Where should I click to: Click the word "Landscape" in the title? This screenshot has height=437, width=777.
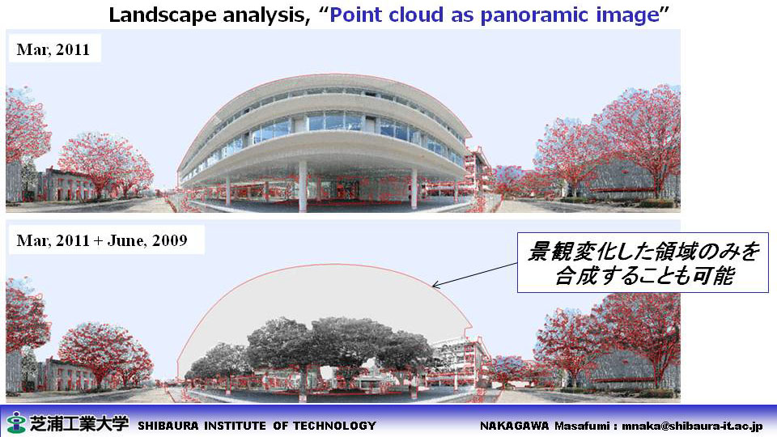point(163,15)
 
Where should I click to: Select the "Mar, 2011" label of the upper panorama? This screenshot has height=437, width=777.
point(53,49)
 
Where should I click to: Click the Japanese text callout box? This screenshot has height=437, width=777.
point(643,262)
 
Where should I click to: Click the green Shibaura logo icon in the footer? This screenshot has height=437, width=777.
point(16,422)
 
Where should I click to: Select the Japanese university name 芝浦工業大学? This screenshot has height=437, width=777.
point(79,423)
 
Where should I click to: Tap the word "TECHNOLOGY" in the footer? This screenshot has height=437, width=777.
point(334,426)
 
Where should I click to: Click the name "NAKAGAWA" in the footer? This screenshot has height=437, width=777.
point(514,426)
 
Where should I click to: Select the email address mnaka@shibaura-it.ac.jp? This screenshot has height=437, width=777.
point(692,426)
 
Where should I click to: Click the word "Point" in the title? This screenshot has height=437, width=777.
point(356,15)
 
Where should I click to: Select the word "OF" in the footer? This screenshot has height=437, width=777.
point(279,426)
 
